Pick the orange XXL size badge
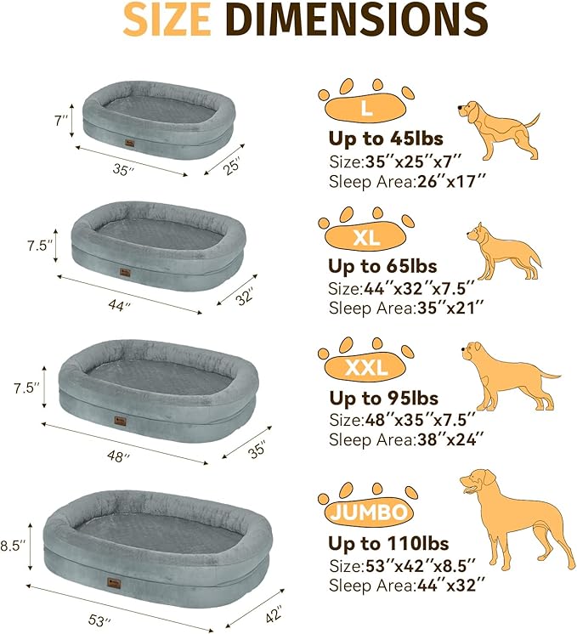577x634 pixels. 366,368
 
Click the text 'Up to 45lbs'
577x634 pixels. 386,139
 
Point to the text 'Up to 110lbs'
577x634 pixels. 389,543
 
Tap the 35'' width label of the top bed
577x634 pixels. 124,170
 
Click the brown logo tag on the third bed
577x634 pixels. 116,420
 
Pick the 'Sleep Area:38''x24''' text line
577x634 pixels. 406,439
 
